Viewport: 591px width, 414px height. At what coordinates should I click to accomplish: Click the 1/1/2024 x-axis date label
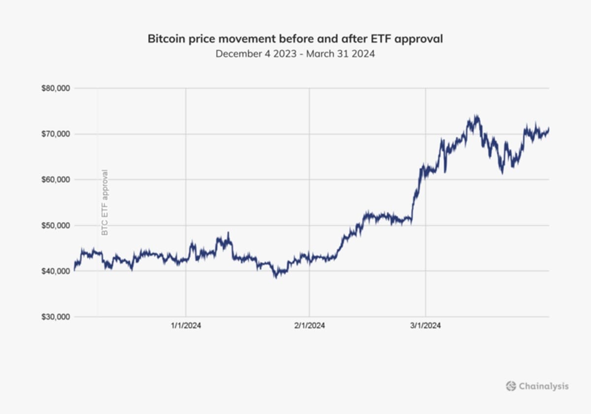(186, 325)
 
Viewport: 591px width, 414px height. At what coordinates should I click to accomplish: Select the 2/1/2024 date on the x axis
(309, 325)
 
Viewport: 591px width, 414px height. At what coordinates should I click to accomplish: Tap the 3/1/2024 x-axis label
(426, 325)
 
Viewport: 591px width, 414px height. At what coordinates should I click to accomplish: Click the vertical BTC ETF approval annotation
(104, 202)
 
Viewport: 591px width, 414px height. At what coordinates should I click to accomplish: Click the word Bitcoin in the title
(164, 39)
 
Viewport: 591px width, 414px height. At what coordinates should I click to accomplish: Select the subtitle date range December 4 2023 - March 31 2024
(295, 54)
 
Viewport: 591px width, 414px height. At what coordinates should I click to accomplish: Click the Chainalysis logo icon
(511, 386)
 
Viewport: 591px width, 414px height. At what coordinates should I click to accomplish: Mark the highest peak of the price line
(476, 116)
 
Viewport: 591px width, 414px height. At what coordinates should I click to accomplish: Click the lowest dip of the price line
(277, 277)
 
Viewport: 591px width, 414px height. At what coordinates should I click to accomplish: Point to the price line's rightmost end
(549, 129)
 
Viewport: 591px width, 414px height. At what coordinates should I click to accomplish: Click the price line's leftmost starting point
(74, 270)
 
